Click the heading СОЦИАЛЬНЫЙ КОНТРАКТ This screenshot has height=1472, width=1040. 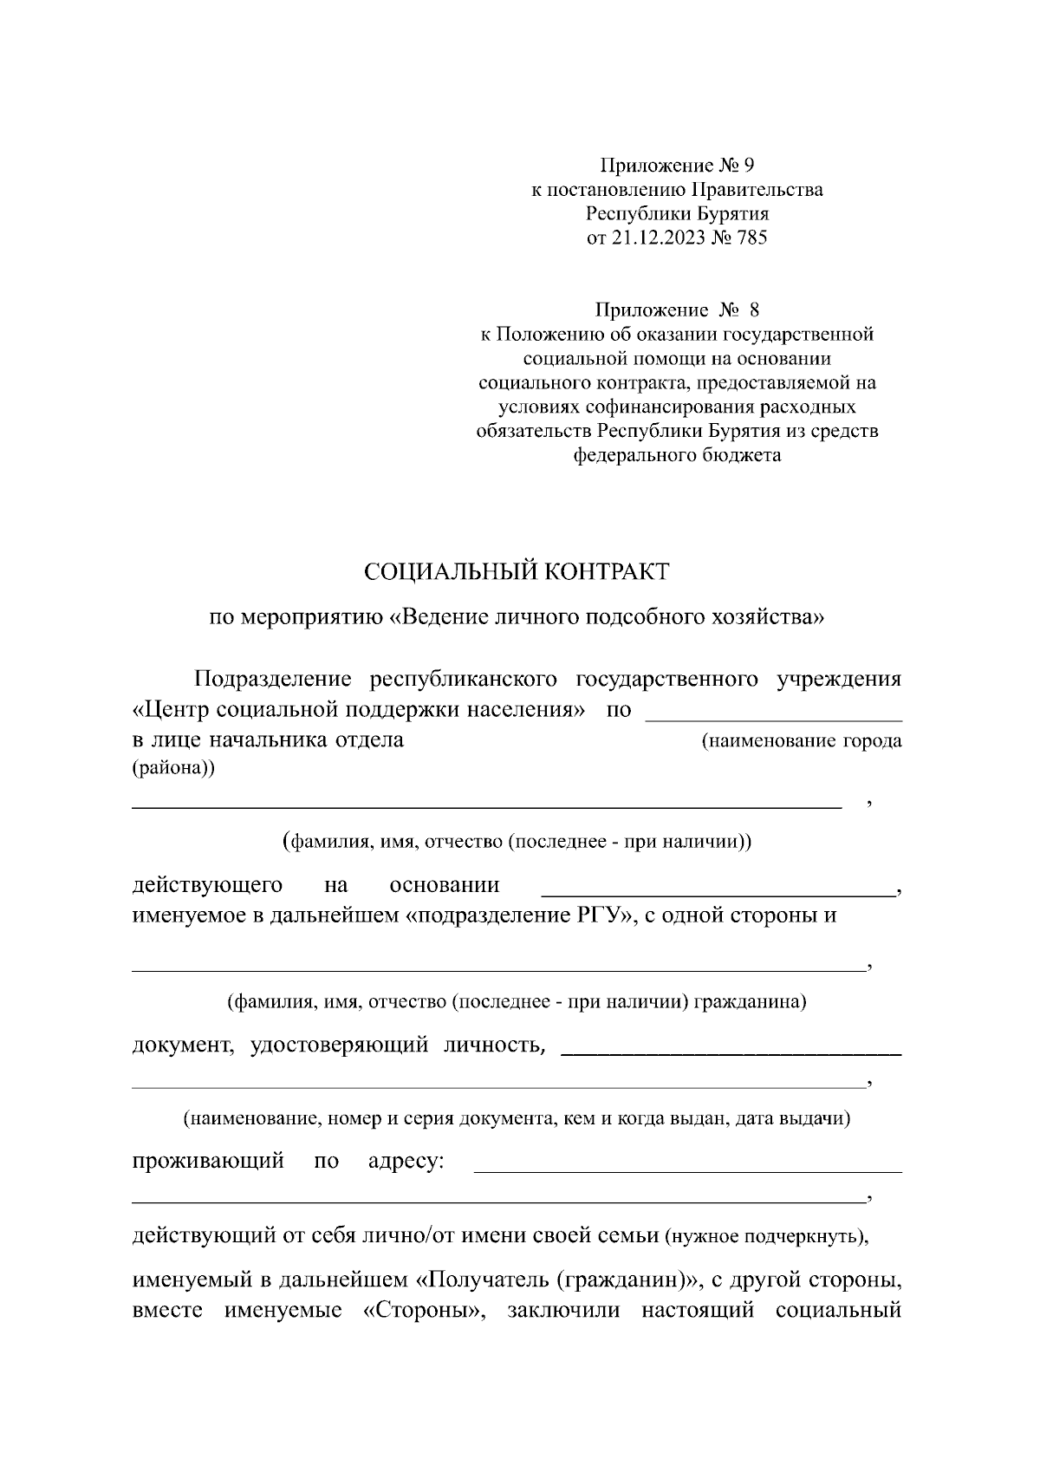point(517,571)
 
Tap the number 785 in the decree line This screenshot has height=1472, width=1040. point(750,238)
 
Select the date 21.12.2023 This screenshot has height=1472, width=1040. point(647,238)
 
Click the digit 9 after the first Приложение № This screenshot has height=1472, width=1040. point(750,165)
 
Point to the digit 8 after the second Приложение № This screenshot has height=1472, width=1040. point(753,309)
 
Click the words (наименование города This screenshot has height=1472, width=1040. point(801,742)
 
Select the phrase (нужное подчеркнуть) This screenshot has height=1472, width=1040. point(765,1236)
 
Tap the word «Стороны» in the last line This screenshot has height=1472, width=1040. point(419,1309)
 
